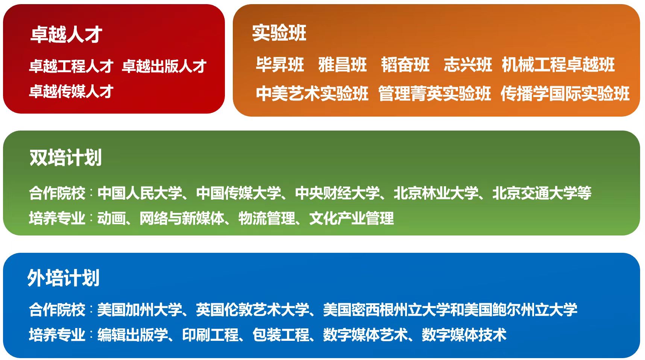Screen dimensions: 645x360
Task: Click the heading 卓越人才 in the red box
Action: pos(66,34)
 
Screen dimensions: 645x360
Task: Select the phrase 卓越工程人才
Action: pos(71,66)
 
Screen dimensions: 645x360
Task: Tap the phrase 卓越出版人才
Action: pos(164,66)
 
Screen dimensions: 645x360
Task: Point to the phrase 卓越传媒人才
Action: pos(71,91)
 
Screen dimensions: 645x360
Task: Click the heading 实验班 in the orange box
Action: pos(279,33)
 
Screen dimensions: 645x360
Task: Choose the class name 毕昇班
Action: pos(280,64)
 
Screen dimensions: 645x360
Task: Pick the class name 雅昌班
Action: pos(343,64)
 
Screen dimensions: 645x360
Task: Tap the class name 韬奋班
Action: pos(405,64)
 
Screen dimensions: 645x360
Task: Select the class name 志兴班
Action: pos(468,64)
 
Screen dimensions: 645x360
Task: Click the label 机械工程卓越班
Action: pos(558,64)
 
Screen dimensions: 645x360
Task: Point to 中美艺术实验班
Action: pos(312,93)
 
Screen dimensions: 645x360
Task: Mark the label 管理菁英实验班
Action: pos(435,93)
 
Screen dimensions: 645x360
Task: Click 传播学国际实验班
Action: pos(565,93)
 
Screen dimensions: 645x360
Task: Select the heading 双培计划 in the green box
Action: pos(66,158)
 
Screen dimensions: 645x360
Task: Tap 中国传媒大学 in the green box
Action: pos(238,193)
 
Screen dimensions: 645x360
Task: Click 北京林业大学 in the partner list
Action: pos(436,193)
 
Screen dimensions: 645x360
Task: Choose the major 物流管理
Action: pos(267,218)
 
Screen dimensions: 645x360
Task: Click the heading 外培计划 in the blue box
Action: pos(64,278)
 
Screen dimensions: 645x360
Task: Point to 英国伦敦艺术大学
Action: pos(252,310)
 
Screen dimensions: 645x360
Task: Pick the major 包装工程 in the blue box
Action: pos(281,335)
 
